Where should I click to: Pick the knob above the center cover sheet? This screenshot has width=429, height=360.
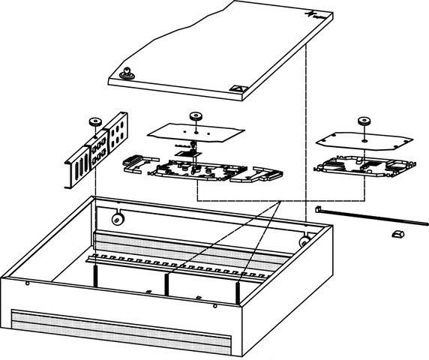(196, 117)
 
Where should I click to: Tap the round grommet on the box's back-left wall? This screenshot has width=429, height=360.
(117, 219)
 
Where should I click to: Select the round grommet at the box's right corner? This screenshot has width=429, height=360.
(304, 241)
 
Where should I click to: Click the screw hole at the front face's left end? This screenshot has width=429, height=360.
(27, 283)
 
